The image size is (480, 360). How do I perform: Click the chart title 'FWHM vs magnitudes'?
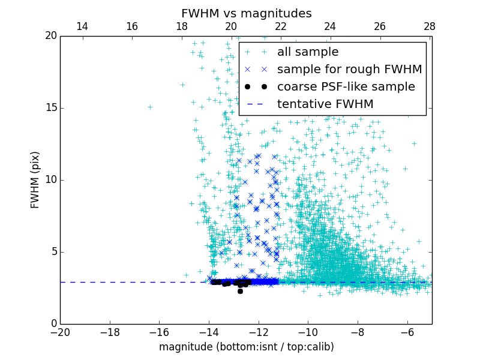click(x=246, y=13)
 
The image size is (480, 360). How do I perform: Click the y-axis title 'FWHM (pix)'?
click(x=35, y=180)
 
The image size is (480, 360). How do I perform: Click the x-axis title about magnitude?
click(x=246, y=347)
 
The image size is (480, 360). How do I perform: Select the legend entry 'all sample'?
click(x=307, y=52)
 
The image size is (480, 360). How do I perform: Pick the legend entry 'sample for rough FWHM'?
click(x=349, y=70)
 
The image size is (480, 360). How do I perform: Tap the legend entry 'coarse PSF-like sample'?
click(x=346, y=87)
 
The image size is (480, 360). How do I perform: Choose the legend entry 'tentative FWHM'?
click(x=325, y=104)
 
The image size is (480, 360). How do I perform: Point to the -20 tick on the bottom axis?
click(x=60, y=332)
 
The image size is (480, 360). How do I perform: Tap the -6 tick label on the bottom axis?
click(x=407, y=332)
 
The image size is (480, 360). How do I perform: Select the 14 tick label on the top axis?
click(x=82, y=26)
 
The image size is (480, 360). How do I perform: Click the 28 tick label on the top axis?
click(x=429, y=26)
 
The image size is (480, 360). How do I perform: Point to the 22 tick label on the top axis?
click(x=281, y=26)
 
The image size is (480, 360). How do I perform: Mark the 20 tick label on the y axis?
click(x=50, y=36)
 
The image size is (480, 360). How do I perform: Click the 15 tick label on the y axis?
click(x=50, y=108)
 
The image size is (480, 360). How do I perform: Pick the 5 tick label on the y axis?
click(x=53, y=252)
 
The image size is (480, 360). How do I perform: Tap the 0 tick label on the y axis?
click(x=53, y=324)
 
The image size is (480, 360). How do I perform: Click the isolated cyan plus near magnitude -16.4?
click(x=150, y=107)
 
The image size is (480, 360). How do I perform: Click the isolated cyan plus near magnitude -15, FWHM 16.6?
click(x=182, y=85)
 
